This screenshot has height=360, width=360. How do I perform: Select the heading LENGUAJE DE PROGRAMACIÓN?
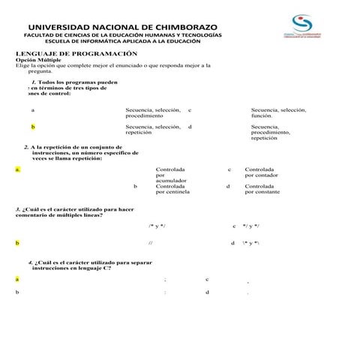[77, 54]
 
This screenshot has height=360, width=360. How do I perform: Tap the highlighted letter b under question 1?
[32, 127]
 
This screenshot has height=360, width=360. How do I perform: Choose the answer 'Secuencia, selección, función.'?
[278, 112]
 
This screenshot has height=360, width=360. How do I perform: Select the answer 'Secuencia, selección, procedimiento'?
[153, 112]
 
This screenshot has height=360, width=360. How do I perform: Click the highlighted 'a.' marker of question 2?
[17, 169]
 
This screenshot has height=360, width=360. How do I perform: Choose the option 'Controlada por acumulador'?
[171, 175]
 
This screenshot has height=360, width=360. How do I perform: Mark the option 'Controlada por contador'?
[261, 172]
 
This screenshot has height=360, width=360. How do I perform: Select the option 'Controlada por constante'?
[262, 189]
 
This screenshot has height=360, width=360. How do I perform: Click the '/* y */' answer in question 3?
[157, 226]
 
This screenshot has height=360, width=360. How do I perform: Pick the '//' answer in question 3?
[151, 243]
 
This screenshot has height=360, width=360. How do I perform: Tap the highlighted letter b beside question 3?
[17, 243]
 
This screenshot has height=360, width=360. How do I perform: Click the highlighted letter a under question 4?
[17, 279]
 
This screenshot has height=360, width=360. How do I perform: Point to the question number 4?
[31, 263]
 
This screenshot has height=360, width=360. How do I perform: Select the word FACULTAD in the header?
[41, 35]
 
